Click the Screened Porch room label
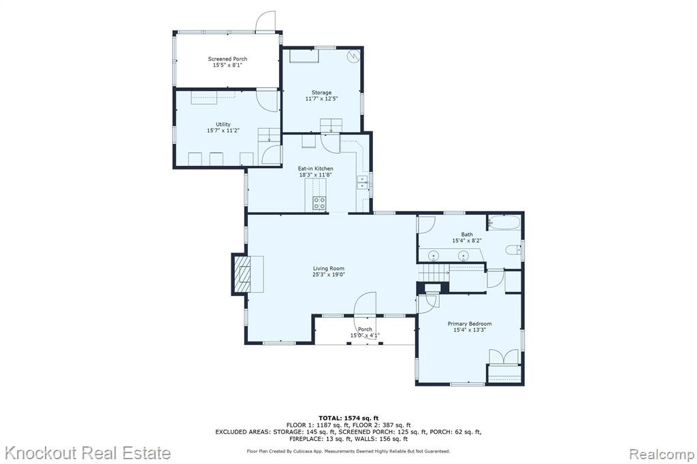click(x=227, y=59)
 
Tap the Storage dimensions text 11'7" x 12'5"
click(x=321, y=99)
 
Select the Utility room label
click(x=223, y=125)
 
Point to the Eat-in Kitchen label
click(x=315, y=169)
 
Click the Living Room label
click(x=329, y=269)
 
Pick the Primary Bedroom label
click(x=470, y=324)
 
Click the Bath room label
click(x=467, y=234)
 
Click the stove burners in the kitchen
click(x=319, y=203)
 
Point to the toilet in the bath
click(x=513, y=250)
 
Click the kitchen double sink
click(x=362, y=182)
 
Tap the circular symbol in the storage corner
click(x=353, y=56)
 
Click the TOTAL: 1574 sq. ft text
click(x=348, y=418)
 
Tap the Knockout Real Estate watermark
click(x=87, y=453)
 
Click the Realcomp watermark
click(x=661, y=454)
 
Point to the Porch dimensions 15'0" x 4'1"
click(x=365, y=335)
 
